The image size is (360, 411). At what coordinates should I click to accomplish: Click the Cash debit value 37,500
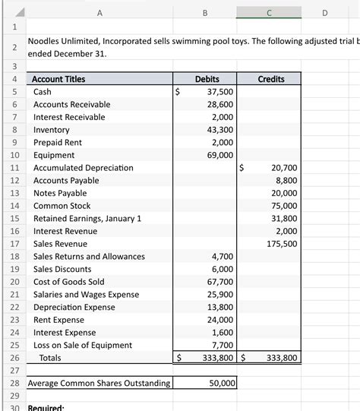[x=221, y=92]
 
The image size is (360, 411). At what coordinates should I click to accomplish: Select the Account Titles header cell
[x=59, y=79]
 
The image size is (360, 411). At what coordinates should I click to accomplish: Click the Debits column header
[x=207, y=79]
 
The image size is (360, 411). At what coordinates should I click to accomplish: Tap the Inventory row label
[x=52, y=130]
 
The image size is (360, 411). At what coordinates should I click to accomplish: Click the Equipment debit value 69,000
[x=221, y=155]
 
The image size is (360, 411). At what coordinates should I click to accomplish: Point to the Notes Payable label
[x=60, y=193]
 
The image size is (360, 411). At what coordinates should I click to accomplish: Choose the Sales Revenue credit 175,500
[x=282, y=244]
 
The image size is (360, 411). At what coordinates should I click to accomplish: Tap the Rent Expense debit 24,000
[x=221, y=320]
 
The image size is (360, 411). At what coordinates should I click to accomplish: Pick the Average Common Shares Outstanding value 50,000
[x=221, y=384]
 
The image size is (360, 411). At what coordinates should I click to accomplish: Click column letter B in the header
[x=205, y=12]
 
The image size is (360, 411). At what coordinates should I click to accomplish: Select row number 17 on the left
[x=14, y=244]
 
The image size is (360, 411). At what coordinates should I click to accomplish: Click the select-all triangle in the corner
[x=15, y=12]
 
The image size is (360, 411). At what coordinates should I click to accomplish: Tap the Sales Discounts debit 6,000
[x=223, y=269]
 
